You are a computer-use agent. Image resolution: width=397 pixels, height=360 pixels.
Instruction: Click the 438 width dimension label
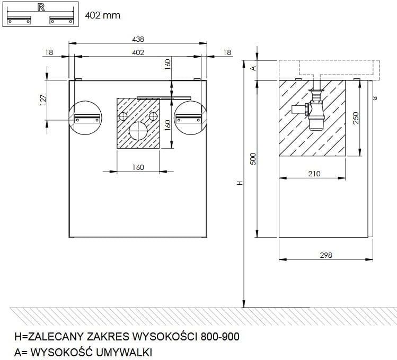tap(138, 39)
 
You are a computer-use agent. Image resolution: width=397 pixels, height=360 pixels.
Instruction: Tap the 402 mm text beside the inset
tap(102, 15)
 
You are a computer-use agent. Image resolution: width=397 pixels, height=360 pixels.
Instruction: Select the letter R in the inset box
tap(41, 7)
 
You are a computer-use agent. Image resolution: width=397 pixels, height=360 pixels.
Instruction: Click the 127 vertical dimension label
tap(43, 100)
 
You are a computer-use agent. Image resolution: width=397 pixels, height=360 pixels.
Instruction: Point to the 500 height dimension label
tap(253, 159)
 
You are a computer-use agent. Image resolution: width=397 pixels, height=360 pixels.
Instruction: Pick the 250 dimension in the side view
tap(356, 118)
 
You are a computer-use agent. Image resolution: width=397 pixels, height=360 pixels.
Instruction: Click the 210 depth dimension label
tap(314, 174)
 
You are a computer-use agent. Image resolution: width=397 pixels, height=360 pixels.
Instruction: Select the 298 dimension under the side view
tap(326, 255)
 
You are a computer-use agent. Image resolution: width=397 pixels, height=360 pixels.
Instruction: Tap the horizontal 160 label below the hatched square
tap(138, 167)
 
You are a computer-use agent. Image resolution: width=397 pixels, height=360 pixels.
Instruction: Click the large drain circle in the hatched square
tap(138, 131)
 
